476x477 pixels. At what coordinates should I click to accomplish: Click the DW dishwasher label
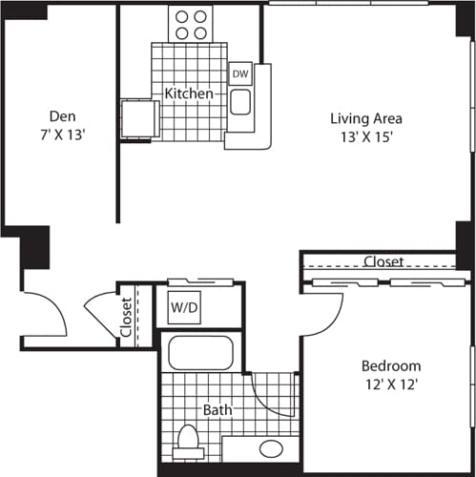tap(240, 73)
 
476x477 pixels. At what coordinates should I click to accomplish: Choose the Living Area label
tap(366, 119)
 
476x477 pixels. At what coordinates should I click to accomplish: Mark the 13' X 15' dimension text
tap(366, 137)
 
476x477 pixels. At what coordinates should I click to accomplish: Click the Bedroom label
tap(391, 366)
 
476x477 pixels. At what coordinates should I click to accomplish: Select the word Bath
tap(217, 410)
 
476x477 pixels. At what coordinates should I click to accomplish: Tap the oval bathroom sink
tap(271, 447)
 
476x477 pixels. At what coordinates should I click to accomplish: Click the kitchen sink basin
tap(239, 101)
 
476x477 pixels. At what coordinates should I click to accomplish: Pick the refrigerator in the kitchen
tap(139, 119)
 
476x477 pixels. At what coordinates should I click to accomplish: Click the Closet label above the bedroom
tap(383, 261)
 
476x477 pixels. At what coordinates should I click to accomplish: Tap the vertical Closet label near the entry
tap(126, 318)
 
